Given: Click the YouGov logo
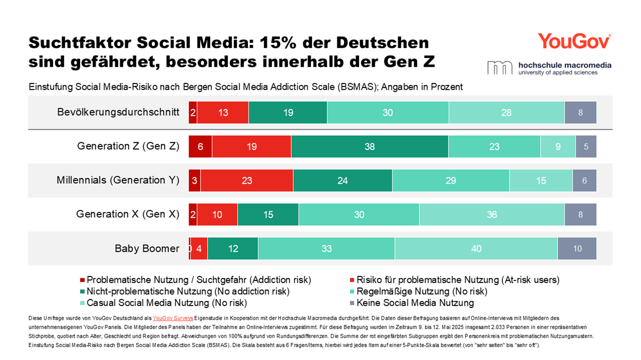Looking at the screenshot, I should (x=574, y=41).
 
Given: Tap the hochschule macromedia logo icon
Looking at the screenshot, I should (x=499, y=68).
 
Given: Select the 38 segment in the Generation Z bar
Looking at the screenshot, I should (x=369, y=147).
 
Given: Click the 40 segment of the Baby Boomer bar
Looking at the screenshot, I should (x=476, y=248).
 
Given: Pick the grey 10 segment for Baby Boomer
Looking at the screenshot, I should (x=577, y=248).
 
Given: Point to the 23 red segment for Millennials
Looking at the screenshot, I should (x=247, y=180).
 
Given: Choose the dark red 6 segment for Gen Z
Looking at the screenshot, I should (x=200, y=147).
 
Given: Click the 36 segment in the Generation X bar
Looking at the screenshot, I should (x=492, y=215).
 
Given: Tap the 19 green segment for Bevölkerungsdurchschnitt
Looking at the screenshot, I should (x=288, y=113).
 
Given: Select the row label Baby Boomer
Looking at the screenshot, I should (x=147, y=248).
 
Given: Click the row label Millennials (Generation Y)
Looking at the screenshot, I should (x=118, y=180).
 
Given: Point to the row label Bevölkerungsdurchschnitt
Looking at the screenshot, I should (x=118, y=112).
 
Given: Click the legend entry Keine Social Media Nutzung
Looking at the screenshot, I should (x=415, y=303).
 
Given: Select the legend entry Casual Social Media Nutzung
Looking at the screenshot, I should (x=166, y=303).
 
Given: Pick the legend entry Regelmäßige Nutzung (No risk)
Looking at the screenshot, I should (x=421, y=291).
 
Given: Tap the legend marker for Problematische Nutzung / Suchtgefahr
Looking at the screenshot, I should (x=82, y=280).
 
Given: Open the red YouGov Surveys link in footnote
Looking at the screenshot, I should (x=173, y=318).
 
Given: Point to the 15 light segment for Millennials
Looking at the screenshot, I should (x=541, y=180).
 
